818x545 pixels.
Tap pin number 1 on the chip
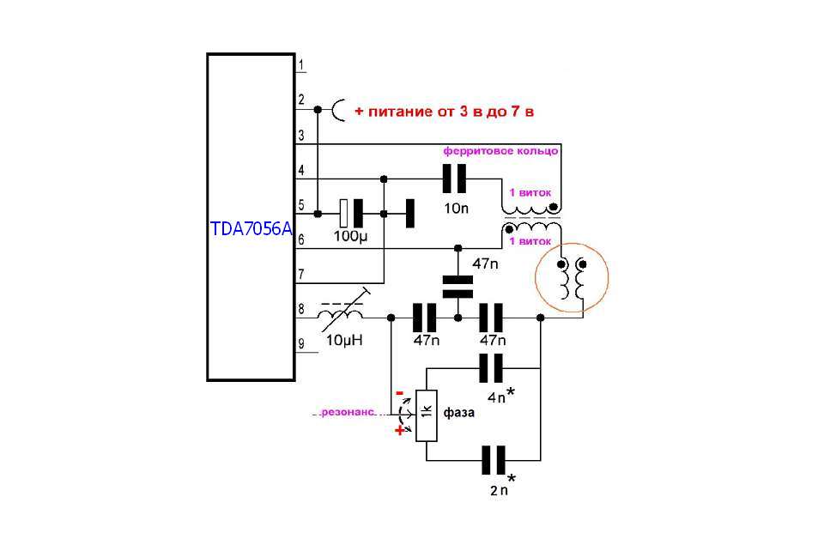click(300, 65)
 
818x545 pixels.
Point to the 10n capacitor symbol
click(454, 179)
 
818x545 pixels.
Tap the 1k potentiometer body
click(427, 416)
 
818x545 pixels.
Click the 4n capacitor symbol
click(490, 369)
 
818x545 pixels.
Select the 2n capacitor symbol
click(492, 460)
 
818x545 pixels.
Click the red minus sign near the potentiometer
click(400, 393)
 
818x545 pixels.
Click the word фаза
click(460, 413)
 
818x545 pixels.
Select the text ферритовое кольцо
click(500, 150)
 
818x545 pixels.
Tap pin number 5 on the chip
click(300, 205)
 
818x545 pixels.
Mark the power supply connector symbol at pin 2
click(339, 110)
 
